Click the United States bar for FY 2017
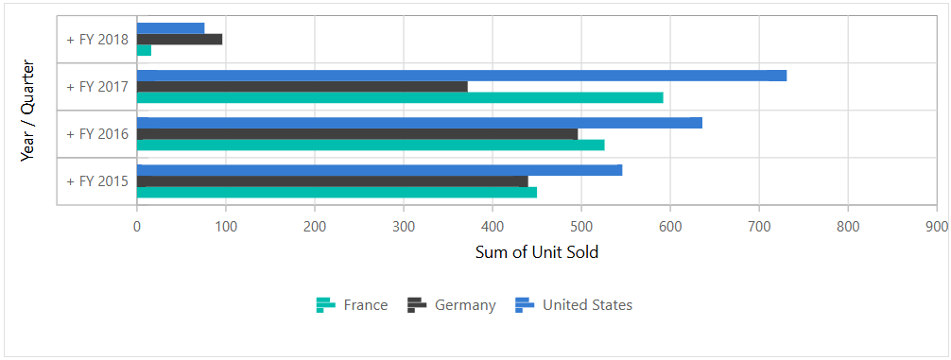tap(461, 76)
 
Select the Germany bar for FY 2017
tap(303, 87)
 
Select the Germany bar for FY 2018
tap(180, 40)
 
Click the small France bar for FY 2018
tap(144, 50)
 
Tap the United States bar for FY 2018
tap(170, 28)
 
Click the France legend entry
tap(352, 305)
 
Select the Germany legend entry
tap(452, 305)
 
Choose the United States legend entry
tap(574, 305)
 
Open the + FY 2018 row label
tap(97, 40)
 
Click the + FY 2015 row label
tap(97, 181)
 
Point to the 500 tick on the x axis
tap(493, 227)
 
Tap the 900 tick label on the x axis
tap(937, 227)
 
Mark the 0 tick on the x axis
tap(137, 227)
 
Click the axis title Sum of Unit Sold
tap(536, 252)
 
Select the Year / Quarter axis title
tap(27, 111)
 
